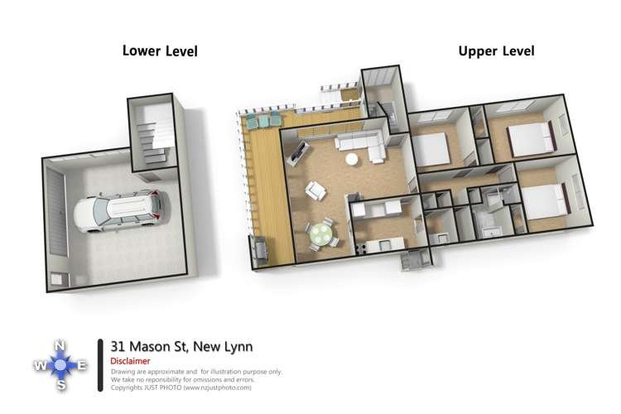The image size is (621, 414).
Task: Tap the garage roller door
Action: pos(55,215)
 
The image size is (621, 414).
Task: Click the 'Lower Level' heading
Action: pos(160,51)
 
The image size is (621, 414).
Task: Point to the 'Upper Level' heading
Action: pos(496,51)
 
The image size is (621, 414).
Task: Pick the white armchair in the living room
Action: pos(315,191)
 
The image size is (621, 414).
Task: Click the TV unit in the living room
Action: pos(297,152)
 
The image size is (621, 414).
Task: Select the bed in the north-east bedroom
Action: pos(530,138)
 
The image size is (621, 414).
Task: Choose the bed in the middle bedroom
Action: pos(430,150)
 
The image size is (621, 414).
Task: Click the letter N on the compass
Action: pos(60,346)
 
